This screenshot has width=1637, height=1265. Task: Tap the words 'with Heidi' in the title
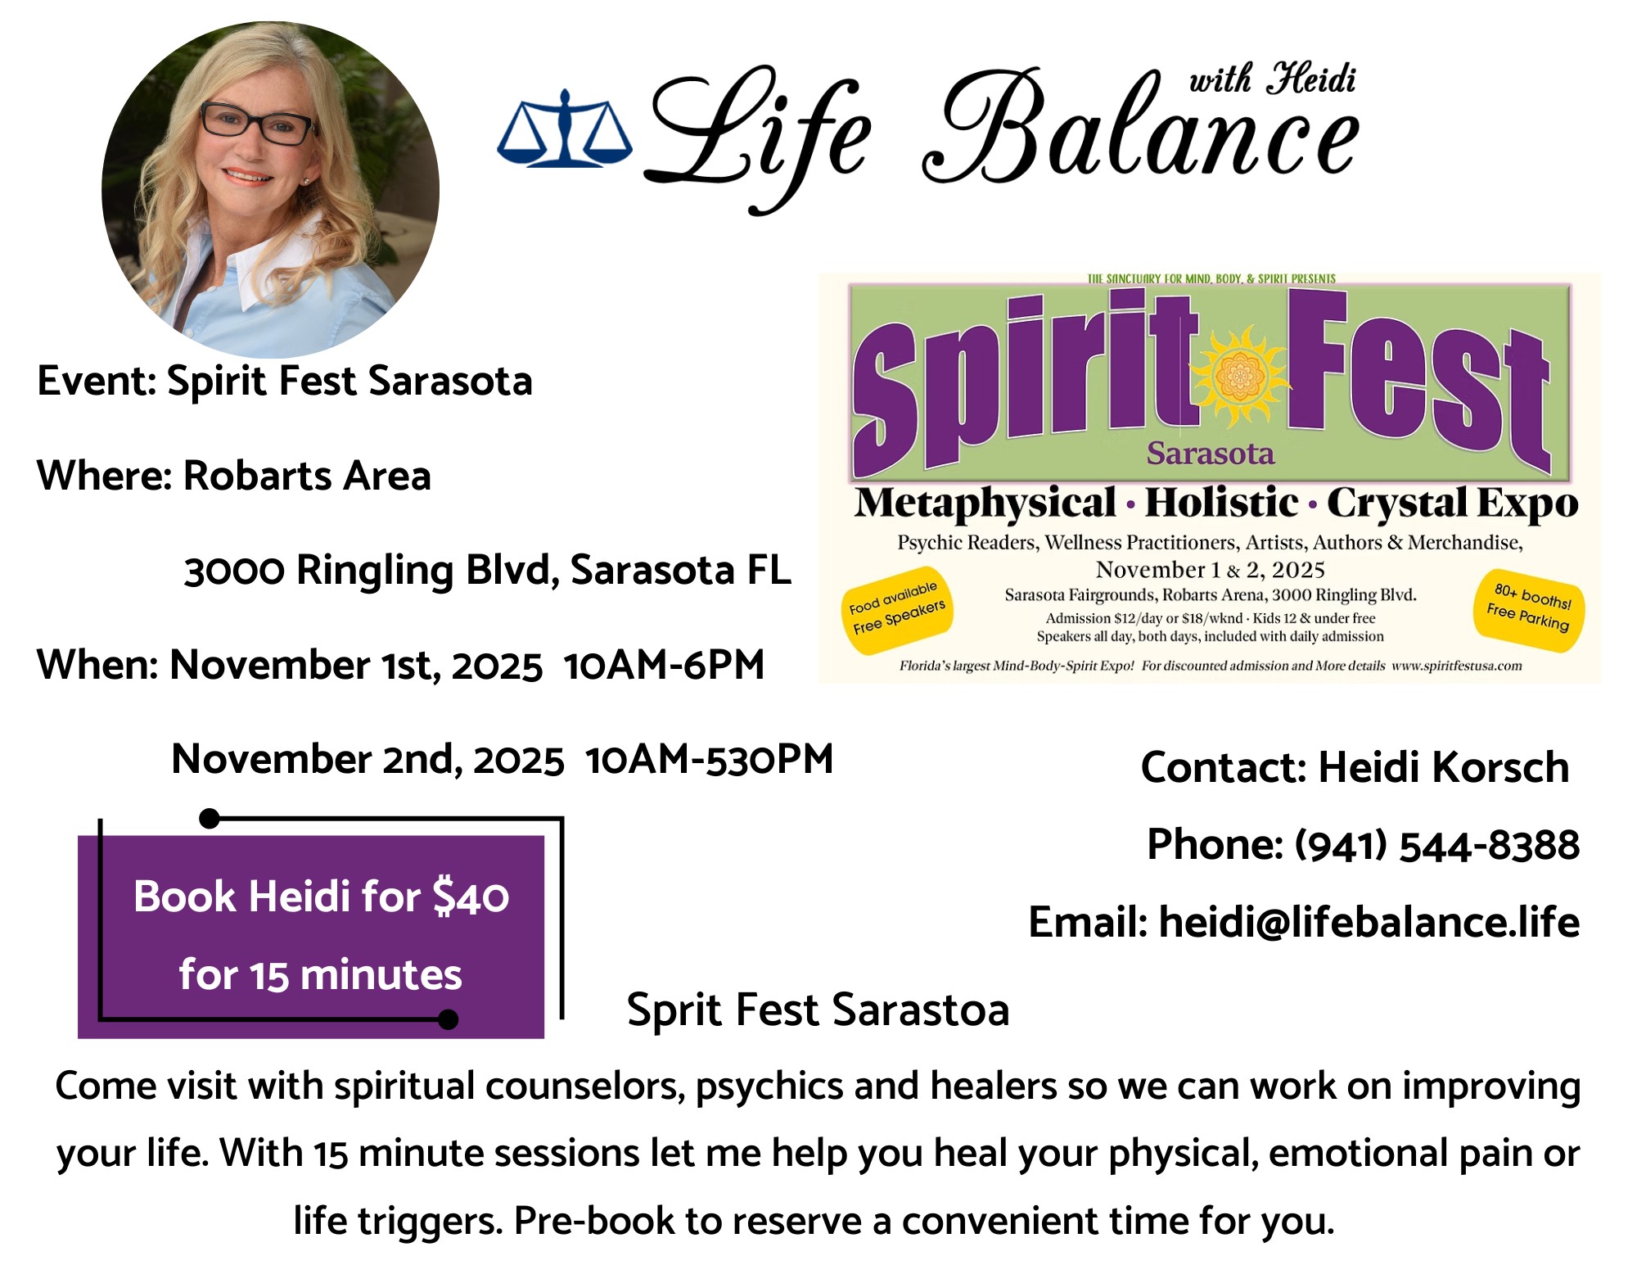pos(1272,79)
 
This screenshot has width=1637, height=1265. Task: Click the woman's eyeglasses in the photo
pos(256,124)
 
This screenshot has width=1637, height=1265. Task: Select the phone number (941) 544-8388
pos(1436,845)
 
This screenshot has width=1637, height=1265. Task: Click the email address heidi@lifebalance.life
pos(1369,922)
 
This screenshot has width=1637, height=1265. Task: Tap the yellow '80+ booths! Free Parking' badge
pos(1529,610)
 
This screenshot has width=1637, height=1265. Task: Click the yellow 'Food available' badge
pos(897,610)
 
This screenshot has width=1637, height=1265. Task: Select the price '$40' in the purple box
pos(471,897)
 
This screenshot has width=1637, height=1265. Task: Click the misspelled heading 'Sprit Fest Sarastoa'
pos(818,1010)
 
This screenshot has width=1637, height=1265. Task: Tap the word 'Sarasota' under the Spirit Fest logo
pos(1211,453)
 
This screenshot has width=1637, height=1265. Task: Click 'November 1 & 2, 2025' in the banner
pos(1210,569)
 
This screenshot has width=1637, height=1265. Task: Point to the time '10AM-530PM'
pos(709,759)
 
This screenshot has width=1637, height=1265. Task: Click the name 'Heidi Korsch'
pos(1443,767)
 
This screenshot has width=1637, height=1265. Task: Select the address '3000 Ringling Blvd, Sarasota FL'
pos(488,571)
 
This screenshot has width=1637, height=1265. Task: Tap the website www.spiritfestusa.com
pos(1456,666)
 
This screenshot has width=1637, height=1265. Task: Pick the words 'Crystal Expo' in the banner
pos(1452,504)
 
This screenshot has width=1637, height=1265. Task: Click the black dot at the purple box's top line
pos(210,818)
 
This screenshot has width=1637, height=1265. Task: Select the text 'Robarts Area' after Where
pos(307,476)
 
